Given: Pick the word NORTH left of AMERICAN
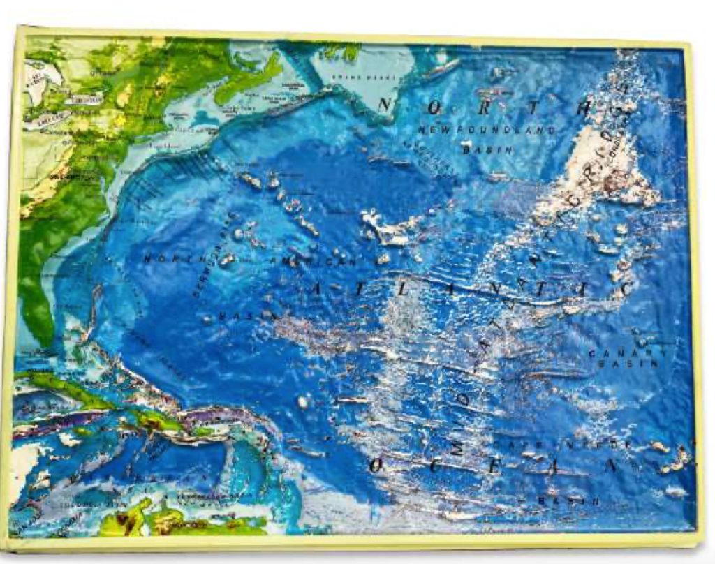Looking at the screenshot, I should pyautogui.click(x=170, y=258).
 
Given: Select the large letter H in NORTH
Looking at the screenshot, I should pyautogui.click(x=597, y=106).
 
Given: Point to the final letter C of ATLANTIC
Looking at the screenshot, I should pyautogui.click(x=627, y=288).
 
